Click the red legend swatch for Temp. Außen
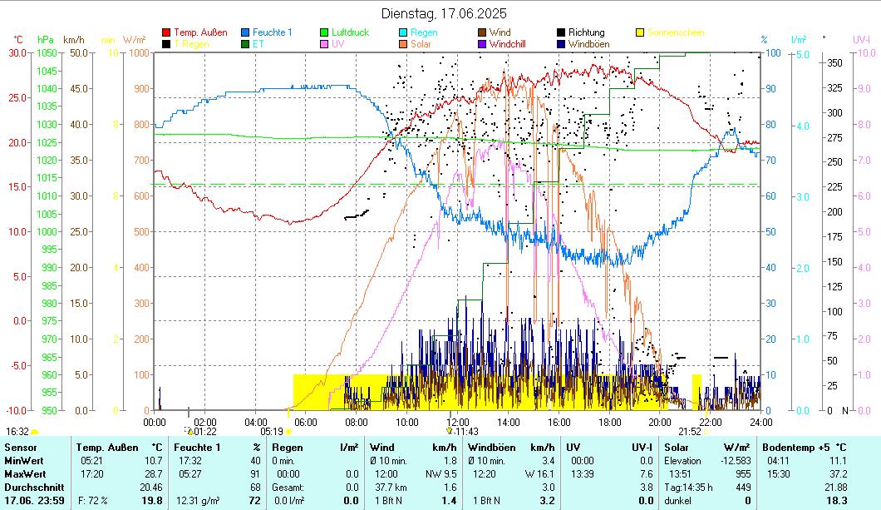pyautogui.click(x=166, y=32)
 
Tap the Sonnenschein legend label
pyautogui.click(x=676, y=32)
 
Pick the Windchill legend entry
pyautogui.click(x=513, y=43)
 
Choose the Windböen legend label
pyautogui.click(x=592, y=43)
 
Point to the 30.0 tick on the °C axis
pyautogui.click(x=17, y=52)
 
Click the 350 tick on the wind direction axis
pyautogui.click(x=835, y=62)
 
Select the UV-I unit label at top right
pyautogui.click(x=861, y=39)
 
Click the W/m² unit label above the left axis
pyautogui.click(x=134, y=39)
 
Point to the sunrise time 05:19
pyautogui.click(x=272, y=432)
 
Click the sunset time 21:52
pyautogui.click(x=690, y=432)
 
